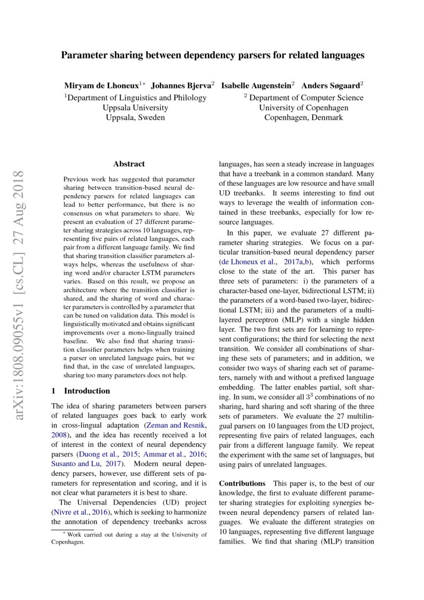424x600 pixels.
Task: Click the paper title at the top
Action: coord(213,55)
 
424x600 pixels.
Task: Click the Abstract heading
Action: coord(129,164)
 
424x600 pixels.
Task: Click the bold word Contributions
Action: coord(241,483)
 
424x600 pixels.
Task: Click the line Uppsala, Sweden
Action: coord(135,118)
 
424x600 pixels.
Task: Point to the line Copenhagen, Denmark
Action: coord(303,118)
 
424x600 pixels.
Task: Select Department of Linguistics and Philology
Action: coord(137,98)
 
